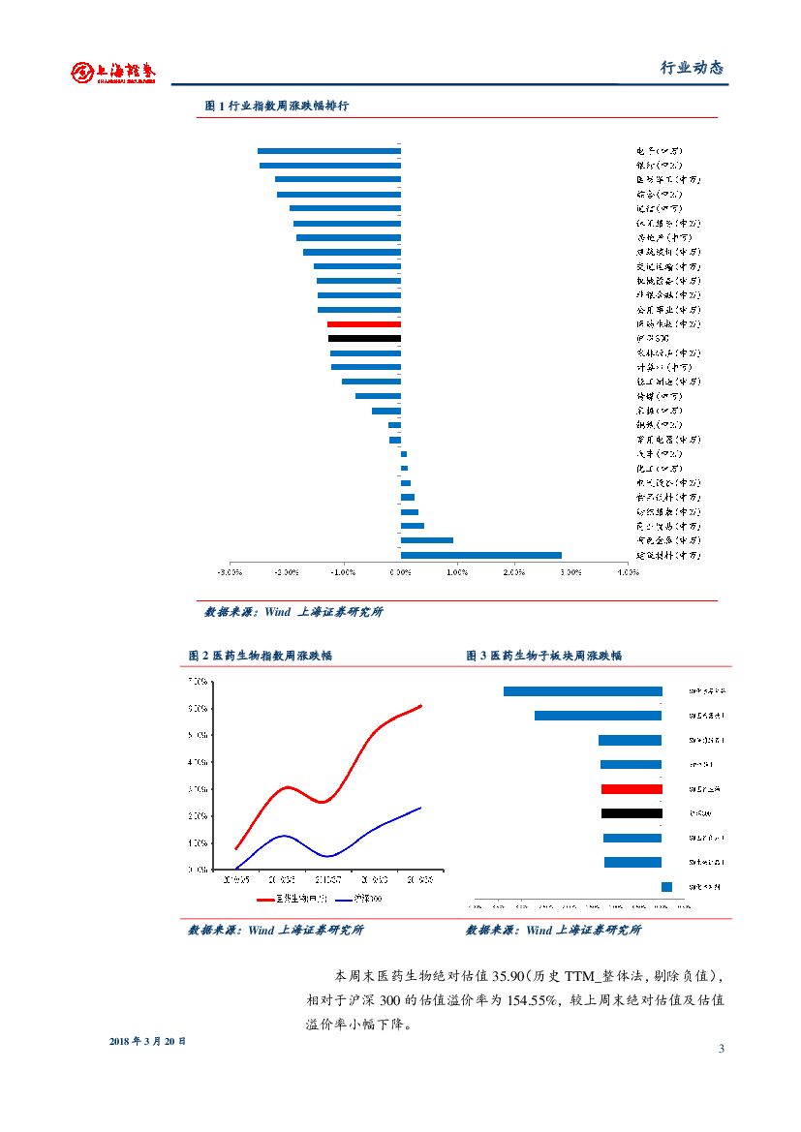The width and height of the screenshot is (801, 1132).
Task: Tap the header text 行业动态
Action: (x=692, y=68)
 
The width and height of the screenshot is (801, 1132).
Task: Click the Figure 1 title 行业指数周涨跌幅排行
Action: (x=277, y=106)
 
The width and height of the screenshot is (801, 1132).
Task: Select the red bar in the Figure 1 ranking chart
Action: (x=363, y=324)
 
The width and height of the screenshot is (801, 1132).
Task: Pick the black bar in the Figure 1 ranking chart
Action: (x=364, y=339)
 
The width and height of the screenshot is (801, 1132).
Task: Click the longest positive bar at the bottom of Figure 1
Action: (x=480, y=555)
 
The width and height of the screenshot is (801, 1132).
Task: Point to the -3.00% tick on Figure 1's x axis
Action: (x=230, y=572)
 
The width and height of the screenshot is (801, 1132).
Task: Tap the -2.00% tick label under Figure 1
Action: (x=287, y=572)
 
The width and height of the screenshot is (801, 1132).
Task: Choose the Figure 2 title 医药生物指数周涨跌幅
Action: (x=260, y=656)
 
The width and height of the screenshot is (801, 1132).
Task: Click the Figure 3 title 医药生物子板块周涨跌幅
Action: (x=543, y=656)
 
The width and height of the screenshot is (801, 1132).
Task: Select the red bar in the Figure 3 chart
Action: (x=632, y=789)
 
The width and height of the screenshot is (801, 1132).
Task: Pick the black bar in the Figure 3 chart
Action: (x=632, y=813)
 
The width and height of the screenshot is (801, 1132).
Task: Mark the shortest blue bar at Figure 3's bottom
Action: (x=666, y=886)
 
